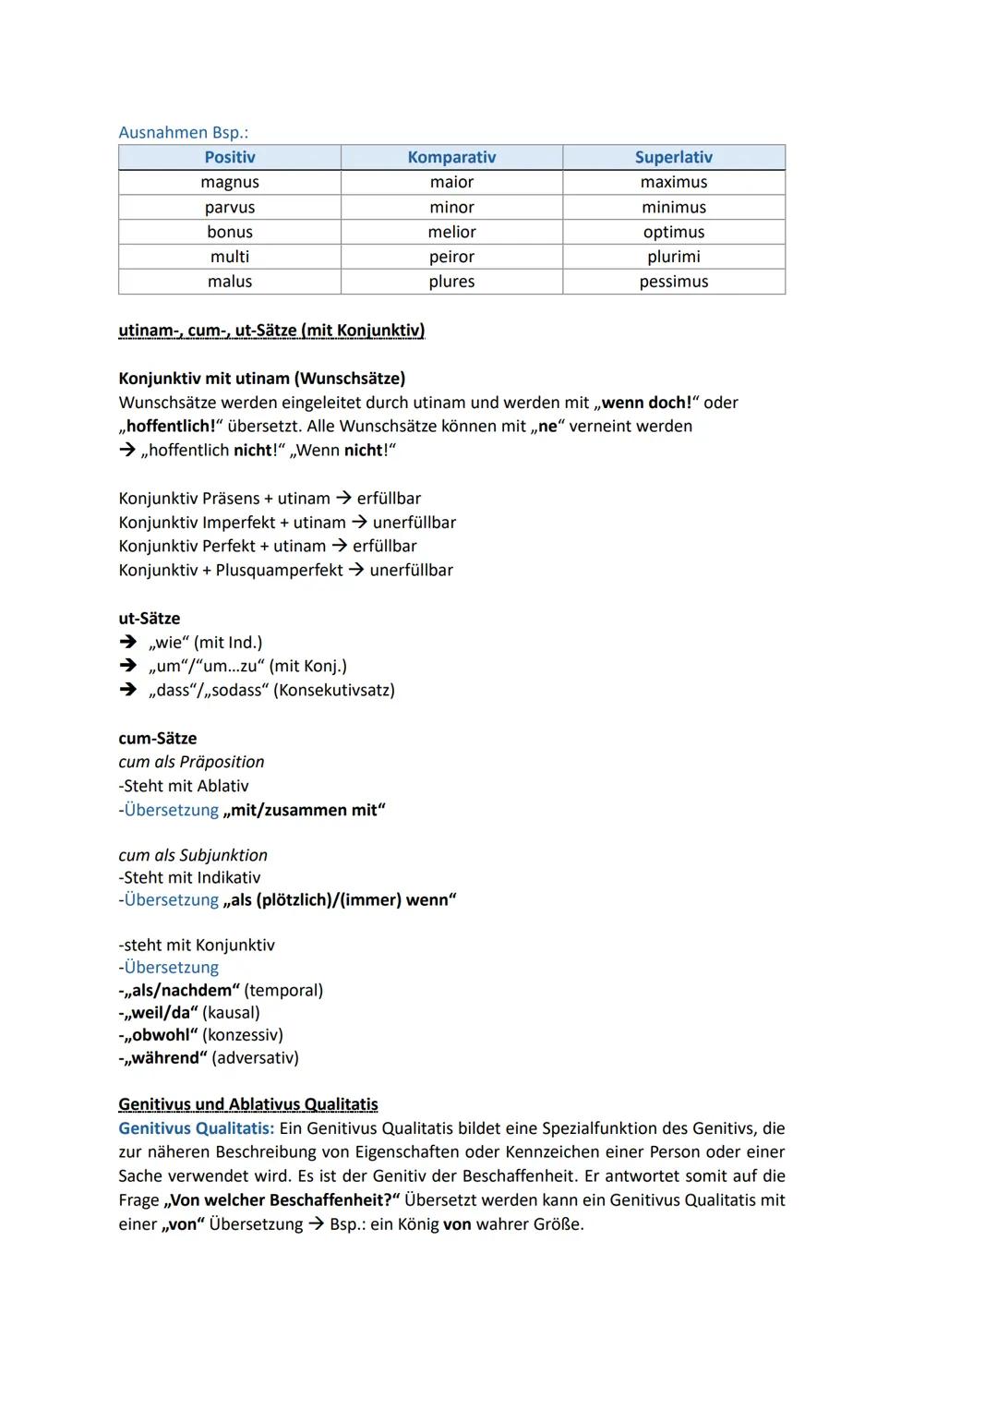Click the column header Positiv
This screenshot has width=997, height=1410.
pos(230,158)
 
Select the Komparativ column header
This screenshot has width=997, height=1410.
pos(451,158)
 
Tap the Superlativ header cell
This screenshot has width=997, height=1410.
pos(673,158)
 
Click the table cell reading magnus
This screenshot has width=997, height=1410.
pos(230,183)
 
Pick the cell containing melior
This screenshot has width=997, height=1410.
pos(451,233)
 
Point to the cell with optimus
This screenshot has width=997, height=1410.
pos(673,233)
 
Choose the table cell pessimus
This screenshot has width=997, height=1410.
pos(673,282)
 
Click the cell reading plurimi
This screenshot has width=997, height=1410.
pos(673,257)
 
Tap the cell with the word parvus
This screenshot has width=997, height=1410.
pos(230,208)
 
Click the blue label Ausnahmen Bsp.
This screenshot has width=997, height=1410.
pos(183,133)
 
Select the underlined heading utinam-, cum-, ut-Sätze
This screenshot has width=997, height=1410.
pos(271,331)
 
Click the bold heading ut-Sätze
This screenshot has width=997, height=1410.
pos(150,619)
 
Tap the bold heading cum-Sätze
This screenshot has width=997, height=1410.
pos(157,739)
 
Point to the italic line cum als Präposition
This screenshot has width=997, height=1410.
pos(191,762)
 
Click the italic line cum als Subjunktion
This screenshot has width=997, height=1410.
pos(193,855)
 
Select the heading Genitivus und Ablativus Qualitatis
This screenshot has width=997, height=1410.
pos(248,1104)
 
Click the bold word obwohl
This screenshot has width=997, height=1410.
pos(164,1035)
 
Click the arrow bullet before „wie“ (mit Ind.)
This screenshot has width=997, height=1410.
pos(127,643)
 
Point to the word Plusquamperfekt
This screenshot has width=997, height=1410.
pos(279,571)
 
